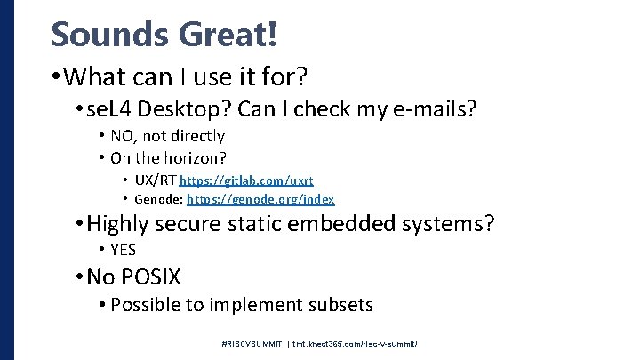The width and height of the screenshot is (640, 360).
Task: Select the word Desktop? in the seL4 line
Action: (x=186, y=109)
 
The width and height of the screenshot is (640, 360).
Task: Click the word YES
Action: (x=123, y=250)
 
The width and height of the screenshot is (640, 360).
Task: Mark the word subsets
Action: (x=341, y=305)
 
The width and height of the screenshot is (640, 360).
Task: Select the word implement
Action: (x=251, y=305)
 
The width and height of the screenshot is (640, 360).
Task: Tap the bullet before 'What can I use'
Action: (x=57, y=77)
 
